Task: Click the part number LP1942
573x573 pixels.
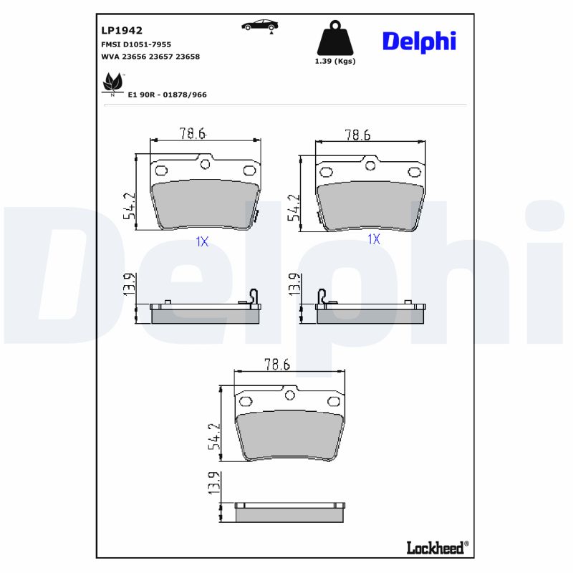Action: pyautogui.click(x=122, y=31)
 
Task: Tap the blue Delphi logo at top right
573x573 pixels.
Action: pyautogui.click(x=419, y=42)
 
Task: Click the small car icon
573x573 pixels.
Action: pyautogui.click(x=259, y=25)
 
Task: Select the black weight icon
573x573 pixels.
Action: pyautogui.click(x=335, y=39)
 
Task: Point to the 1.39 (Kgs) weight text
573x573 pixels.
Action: pyautogui.click(x=335, y=61)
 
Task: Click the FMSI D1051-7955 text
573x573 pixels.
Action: pyautogui.click(x=136, y=44)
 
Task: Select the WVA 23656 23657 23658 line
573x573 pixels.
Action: pyautogui.click(x=150, y=56)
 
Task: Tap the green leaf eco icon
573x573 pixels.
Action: pyautogui.click(x=112, y=84)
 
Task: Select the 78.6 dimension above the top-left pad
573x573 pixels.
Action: pyautogui.click(x=192, y=133)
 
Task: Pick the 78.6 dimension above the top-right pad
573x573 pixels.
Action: pyautogui.click(x=357, y=134)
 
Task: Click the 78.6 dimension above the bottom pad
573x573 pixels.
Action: pyautogui.click(x=276, y=365)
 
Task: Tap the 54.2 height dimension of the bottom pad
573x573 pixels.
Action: pyautogui.click(x=213, y=436)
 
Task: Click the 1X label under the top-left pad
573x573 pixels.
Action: pyautogui.click(x=202, y=242)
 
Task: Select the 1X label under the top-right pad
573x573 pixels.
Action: pyautogui.click(x=373, y=239)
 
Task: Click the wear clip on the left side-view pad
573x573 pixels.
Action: pyautogui.click(x=253, y=297)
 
